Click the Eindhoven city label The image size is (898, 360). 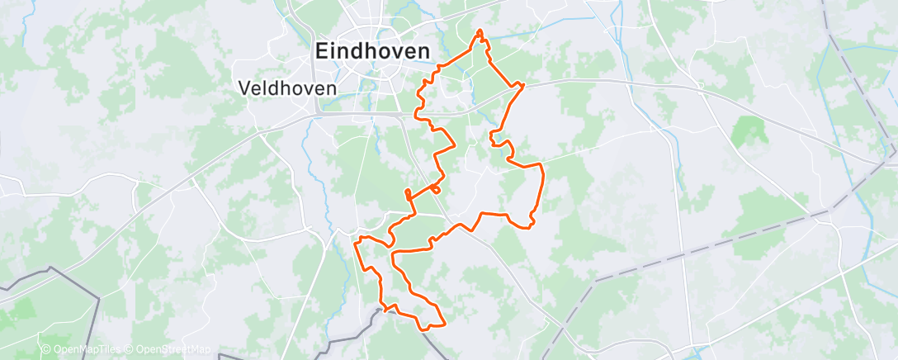click(371, 51)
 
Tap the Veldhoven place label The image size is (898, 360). click(286, 87)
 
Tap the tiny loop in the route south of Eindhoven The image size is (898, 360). click(435, 189)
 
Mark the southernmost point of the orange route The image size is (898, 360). click(425, 329)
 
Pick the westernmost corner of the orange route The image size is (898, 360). click(356, 242)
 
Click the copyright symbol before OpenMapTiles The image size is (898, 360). click(46, 350)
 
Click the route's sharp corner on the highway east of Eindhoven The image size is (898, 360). click(523, 84)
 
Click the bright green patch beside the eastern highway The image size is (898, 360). click(747, 129)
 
